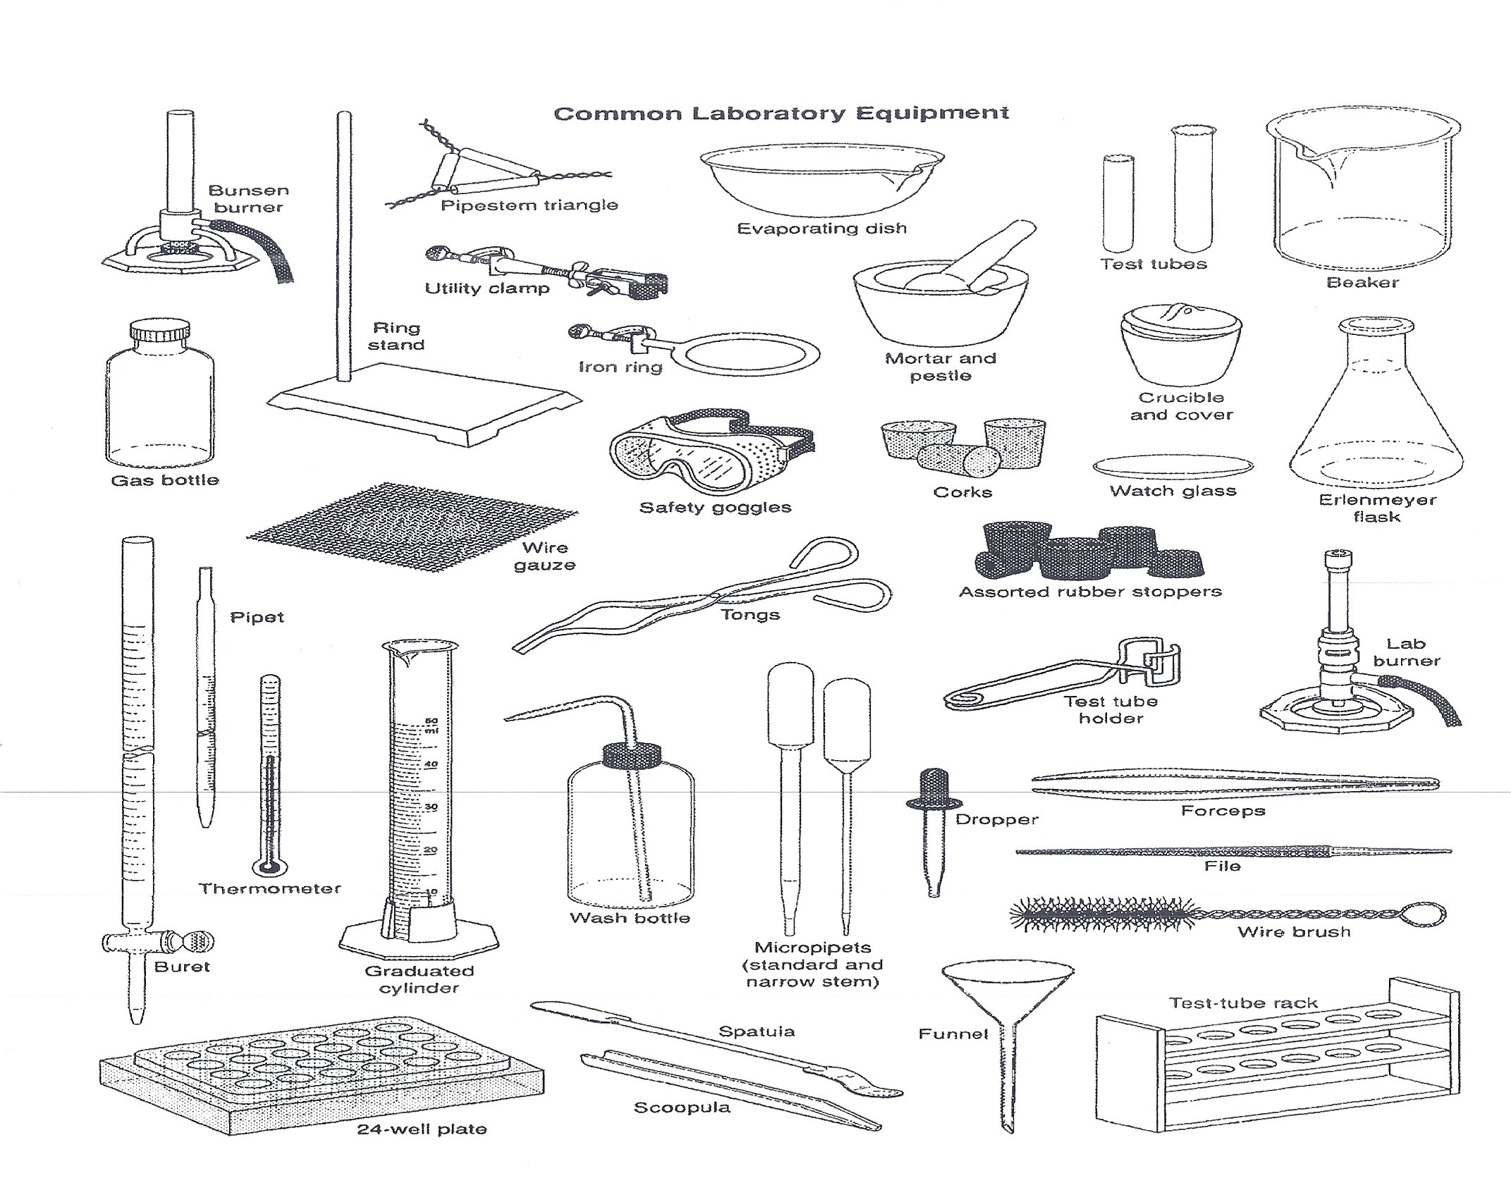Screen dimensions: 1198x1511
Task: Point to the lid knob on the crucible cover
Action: (x=1178, y=311)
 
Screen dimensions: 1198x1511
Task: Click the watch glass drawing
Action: (x=1173, y=466)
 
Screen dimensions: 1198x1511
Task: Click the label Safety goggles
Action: (x=715, y=508)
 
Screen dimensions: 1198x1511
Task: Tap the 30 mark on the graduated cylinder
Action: (x=431, y=807)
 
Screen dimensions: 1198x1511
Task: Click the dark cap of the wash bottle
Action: (x=633, y=756)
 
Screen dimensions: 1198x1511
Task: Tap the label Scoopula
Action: (x=682, y=1108)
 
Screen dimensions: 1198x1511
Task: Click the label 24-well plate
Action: (x=422, y=1130)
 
